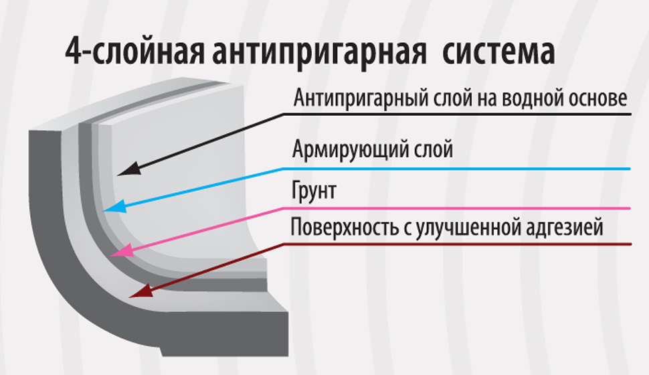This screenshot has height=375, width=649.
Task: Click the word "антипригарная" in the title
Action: pos(319,53)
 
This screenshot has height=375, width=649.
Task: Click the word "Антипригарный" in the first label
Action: pos(361,99)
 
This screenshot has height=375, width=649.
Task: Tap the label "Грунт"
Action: pos(313,191)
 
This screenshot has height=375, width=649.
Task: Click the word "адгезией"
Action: pos(565,228)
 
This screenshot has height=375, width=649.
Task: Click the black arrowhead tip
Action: pos(118,175)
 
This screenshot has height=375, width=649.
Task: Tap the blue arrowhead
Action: pos(114,206)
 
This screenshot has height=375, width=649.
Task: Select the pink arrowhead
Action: pos(122,250)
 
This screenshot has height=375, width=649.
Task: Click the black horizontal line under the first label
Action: pos(458,114)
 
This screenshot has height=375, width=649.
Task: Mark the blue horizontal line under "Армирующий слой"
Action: pos(456,169)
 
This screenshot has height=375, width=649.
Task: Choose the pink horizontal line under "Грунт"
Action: pos(456,208)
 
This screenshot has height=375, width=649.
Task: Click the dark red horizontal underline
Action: pos(458,244)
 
